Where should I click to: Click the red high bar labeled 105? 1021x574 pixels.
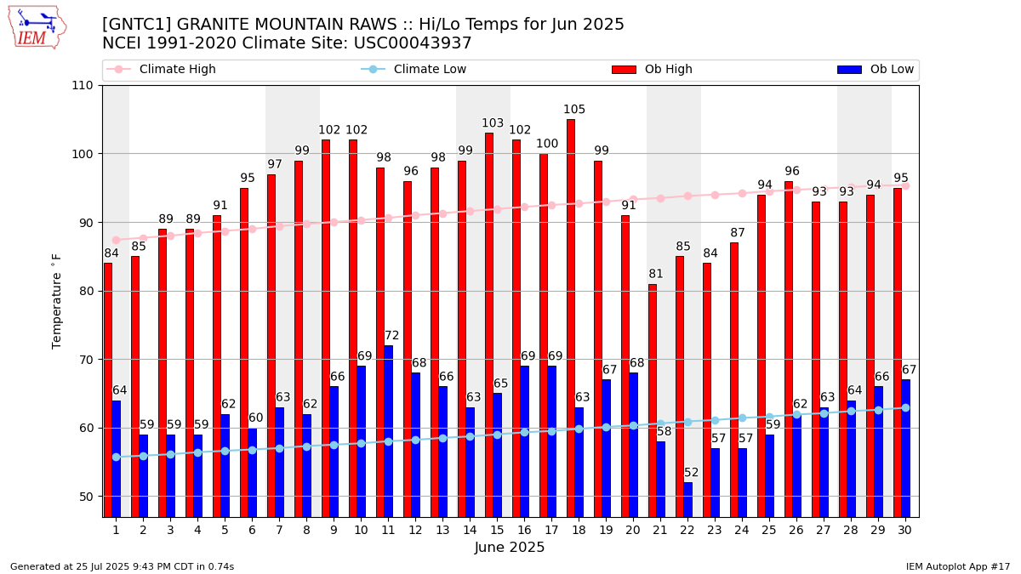point(571,315)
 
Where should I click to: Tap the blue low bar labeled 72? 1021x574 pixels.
point(388,429)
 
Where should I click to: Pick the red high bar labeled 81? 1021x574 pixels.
point(653,400)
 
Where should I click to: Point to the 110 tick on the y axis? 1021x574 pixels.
point(88,86)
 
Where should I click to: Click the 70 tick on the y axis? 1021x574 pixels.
point(88,360)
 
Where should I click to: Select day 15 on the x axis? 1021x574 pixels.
point(497,530)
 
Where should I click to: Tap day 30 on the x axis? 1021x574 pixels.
point(905,530)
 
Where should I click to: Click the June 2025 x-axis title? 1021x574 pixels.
point(510,548)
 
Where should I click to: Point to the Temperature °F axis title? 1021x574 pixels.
point(57,301)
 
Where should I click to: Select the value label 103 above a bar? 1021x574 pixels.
point(493,123)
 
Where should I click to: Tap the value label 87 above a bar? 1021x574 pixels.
point(738,233)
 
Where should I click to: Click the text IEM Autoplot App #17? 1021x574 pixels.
point(957,566)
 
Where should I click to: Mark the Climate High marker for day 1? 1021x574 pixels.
point(116,240)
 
